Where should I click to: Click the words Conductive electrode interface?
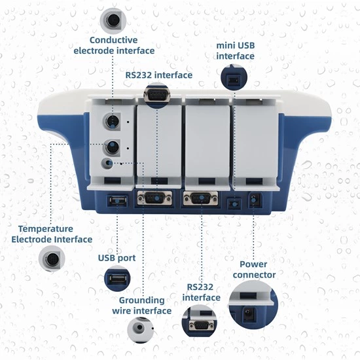pos(114,45)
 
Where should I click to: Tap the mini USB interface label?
pos(236,51)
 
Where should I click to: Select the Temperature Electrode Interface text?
pos(52,234)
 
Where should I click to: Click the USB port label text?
pos(117,258)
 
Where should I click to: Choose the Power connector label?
pos(254,270)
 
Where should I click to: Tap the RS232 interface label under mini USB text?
pos(159,75)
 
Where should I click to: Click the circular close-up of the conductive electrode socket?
pos(113,20)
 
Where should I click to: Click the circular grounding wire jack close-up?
pos(140,330)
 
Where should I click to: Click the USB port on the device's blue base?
pos(117,199)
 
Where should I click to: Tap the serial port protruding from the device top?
pos(156,96)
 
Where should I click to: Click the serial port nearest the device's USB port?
pos(156,198)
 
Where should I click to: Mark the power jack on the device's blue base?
pos(255,200)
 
